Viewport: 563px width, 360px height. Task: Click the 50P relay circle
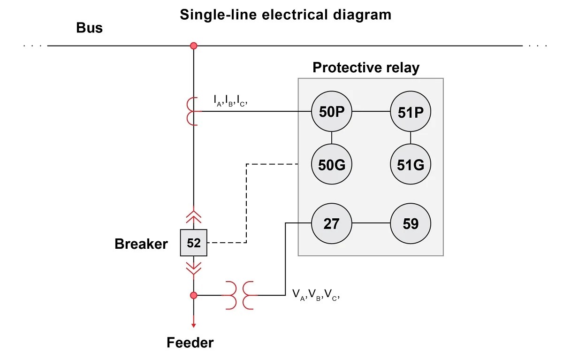click(x=332, y=112)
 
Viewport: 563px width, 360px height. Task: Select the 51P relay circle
click(x=411, y=112)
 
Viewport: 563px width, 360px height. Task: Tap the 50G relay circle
click(x=332, y=165)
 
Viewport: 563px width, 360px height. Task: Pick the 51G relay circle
click(x=411, y=165)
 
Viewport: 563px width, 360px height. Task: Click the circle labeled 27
click(x=332, y=223)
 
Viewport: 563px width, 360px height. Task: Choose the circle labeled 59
click(x=411, y=223)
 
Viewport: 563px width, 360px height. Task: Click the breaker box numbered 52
click(x=193, y=243)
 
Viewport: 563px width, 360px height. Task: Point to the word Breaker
click(x=141, y=244)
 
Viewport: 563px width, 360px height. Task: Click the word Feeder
click(x=190, y=343)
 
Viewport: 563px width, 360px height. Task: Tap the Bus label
click(x=89, y=28)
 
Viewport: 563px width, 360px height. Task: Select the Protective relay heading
click(x=366, y=68)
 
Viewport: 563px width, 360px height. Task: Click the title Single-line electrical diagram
click(x=285, y=15)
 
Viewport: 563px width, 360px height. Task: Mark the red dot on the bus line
click(x=193, y=46)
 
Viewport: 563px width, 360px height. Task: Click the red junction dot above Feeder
click(x=193, y=295)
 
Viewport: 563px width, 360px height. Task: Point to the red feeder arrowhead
click(x=193, y=325)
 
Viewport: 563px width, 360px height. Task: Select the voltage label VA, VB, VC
click(x=315, y=295)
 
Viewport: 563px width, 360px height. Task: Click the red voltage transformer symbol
click(x=239, y=295)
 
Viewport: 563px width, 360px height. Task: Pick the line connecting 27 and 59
click(x=371, y=223)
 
